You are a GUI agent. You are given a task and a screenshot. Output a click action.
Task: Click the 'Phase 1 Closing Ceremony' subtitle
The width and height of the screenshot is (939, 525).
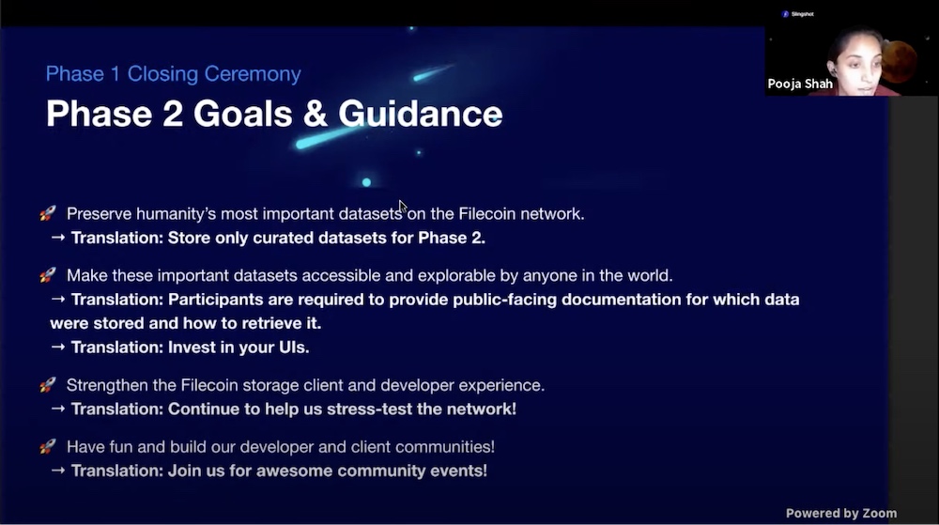coord(174,74)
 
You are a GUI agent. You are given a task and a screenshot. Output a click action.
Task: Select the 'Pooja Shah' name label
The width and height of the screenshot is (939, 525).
coord(800,84)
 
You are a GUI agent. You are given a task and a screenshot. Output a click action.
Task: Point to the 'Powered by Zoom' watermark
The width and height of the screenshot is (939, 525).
coord(841,513)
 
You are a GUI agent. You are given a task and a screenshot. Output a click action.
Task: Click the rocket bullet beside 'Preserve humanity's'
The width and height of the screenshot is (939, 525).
coord(48,213)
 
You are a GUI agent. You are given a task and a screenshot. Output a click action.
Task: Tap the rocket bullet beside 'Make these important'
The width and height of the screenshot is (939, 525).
coord(48,275)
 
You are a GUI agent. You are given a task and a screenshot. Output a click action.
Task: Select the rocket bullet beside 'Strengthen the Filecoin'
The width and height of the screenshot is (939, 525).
coord(48,385)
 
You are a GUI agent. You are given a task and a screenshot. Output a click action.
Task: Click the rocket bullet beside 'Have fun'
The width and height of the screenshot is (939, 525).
coord(48,446)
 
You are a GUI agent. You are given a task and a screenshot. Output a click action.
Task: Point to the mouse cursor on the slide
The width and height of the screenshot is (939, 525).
coord(403,207)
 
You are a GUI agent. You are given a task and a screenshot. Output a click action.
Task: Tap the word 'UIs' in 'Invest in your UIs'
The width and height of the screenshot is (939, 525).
coord(293,347)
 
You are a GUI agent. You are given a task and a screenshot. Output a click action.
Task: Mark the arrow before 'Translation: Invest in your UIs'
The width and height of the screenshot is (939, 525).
coord(58,347)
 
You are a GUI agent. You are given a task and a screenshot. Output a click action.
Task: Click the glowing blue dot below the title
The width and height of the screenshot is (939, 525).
coord(366,182)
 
